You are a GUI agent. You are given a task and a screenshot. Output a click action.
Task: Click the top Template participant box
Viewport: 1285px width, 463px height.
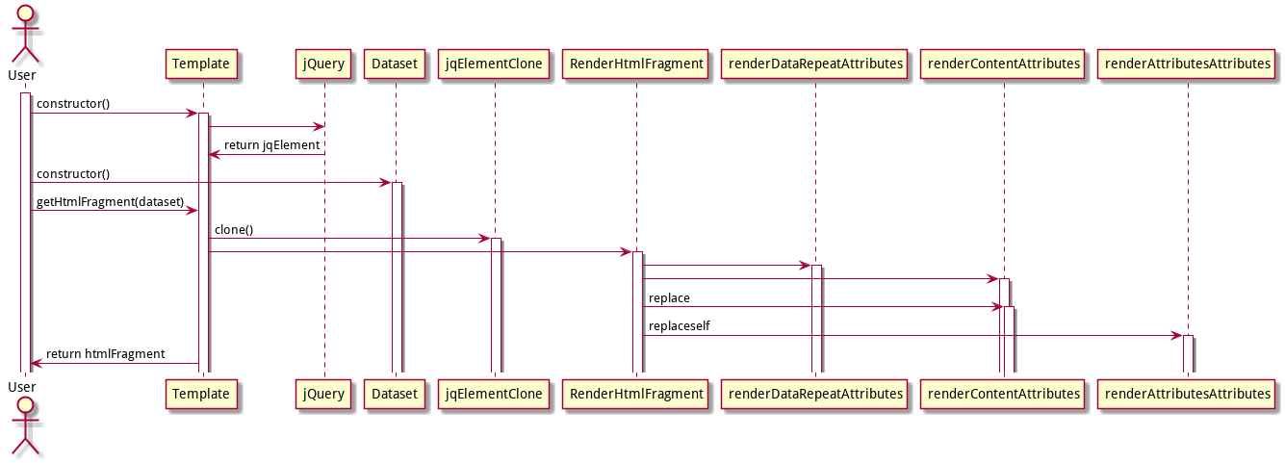pyautogui.click(x=201, y=64)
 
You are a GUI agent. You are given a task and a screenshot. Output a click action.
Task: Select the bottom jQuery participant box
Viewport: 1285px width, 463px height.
pyautogui.click(x=323, y=394)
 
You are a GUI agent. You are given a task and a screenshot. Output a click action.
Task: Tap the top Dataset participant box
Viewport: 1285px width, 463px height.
pyautogui.click(x=395, y=64)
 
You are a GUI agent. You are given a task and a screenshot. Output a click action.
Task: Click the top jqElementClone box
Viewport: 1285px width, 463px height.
pyautogui.click(x=495, y=64)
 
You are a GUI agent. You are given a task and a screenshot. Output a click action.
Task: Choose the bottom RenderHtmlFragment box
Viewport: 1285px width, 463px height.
pyautogui.click(x=637, y=394)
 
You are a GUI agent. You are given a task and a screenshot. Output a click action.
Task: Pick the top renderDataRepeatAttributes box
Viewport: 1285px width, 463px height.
pyautogui.click(x=815, y=64)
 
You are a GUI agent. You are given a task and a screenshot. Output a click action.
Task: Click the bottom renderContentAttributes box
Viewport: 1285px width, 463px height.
pyautogui.click(x=1003, y=394)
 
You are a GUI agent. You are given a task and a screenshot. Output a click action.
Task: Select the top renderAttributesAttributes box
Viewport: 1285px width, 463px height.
pyautogui.click(x=1188, y=64)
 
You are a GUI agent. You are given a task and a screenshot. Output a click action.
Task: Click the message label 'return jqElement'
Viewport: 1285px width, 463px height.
pyautogui.click(x=271, y=145)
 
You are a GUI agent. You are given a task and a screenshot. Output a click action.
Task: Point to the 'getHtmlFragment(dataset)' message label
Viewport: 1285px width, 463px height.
pyautogui.click(x=110, y=201)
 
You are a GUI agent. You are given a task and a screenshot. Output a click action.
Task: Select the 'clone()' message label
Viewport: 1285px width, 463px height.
pyautogui.click(x=234, y=230)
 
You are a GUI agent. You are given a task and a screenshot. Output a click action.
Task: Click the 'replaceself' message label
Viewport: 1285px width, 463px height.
pyautogui.click(x=679, y=326)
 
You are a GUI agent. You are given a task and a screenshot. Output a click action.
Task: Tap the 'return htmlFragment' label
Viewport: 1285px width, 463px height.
pyautogui.click(x=106, y=354)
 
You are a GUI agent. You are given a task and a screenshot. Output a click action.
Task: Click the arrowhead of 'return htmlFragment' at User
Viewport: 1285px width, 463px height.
pyautogui.click(x=36, y=364)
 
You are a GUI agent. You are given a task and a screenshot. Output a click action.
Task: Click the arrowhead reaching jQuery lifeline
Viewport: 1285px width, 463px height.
pyautogui.click(x=318, y=126)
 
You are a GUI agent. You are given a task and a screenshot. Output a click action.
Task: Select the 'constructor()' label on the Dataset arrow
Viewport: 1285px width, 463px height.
pyautogui.click(x=73, y=174)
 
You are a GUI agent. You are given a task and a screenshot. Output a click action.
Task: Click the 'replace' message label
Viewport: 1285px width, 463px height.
pyautogui.click(x=669, y=298)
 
